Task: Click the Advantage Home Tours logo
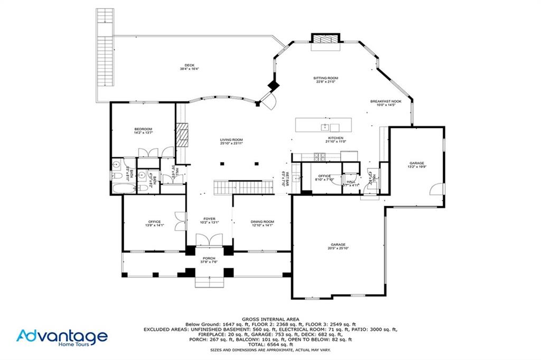click(62, 337)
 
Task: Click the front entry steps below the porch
click(210, 282)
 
